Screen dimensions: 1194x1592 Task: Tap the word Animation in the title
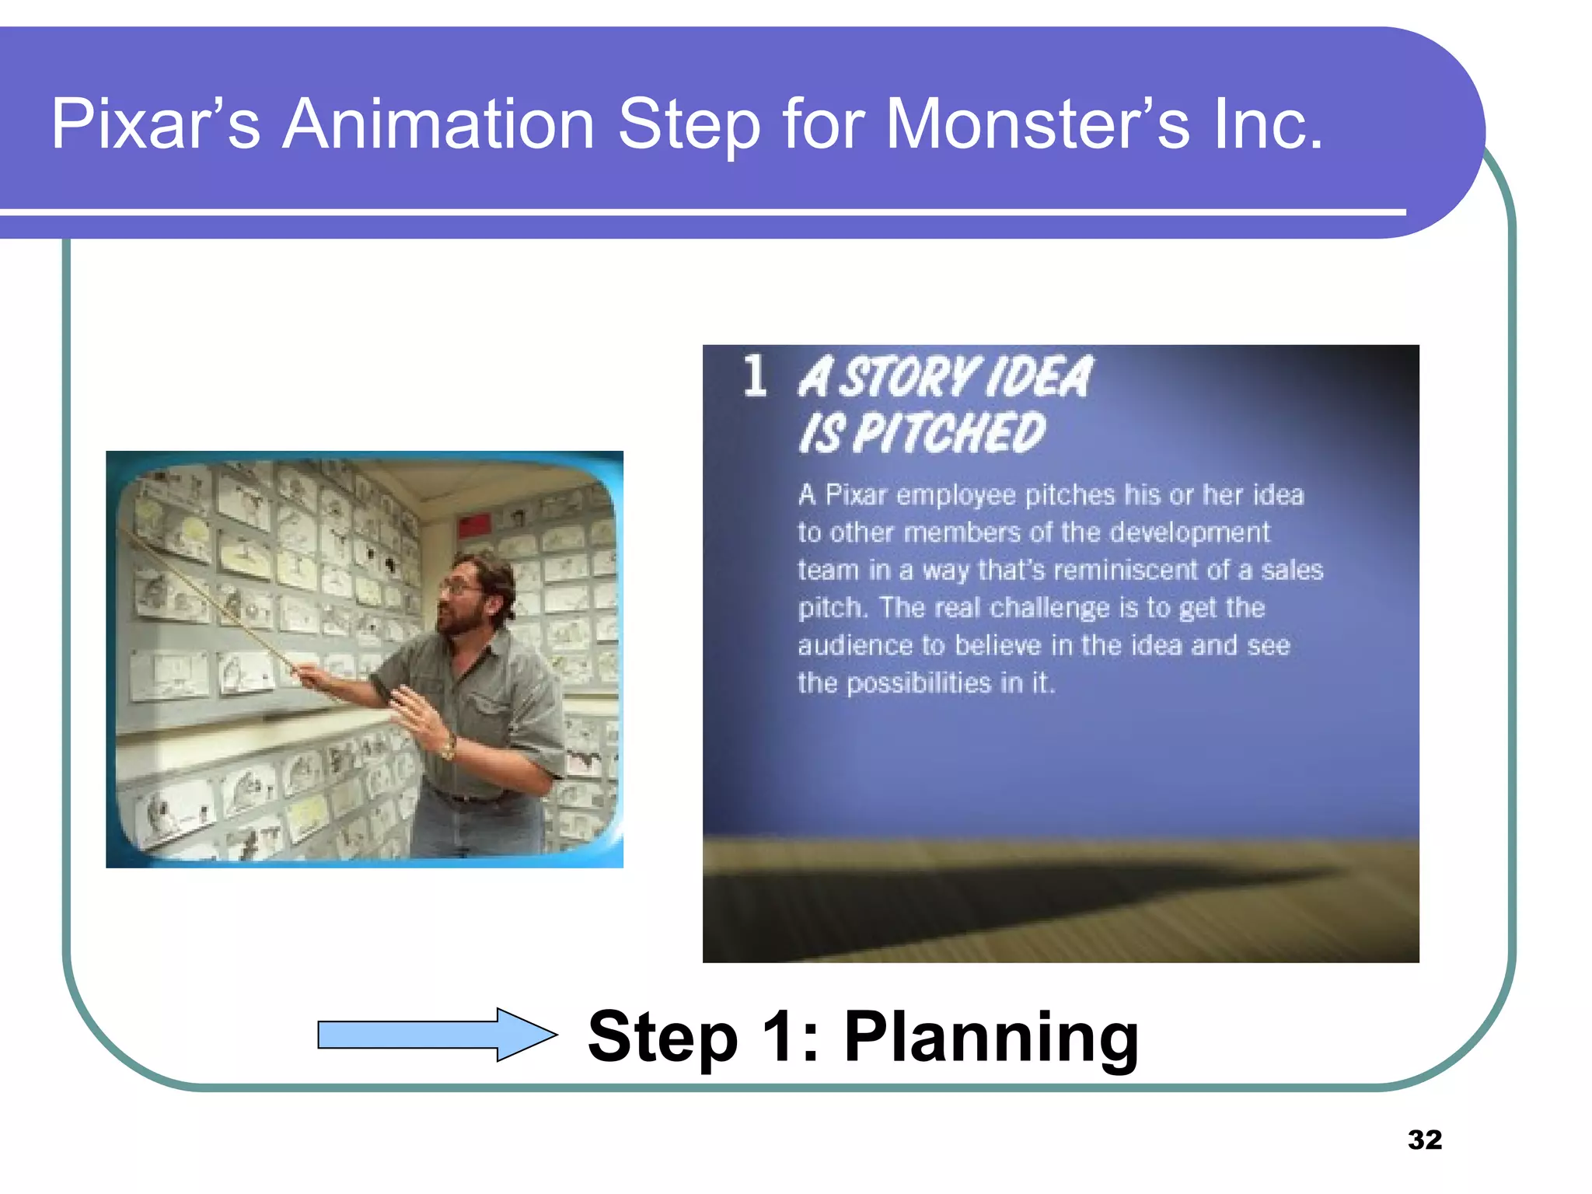439,124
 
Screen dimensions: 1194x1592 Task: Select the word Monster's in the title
1038,124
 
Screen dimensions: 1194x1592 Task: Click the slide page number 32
1424,1140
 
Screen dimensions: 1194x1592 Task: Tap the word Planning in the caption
991,1038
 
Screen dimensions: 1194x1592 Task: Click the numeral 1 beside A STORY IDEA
755,376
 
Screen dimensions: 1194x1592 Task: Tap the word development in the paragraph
1189,532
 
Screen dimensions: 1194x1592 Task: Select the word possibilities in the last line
919,683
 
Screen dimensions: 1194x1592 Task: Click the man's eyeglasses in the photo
460,588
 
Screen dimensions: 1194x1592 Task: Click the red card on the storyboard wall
474,525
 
